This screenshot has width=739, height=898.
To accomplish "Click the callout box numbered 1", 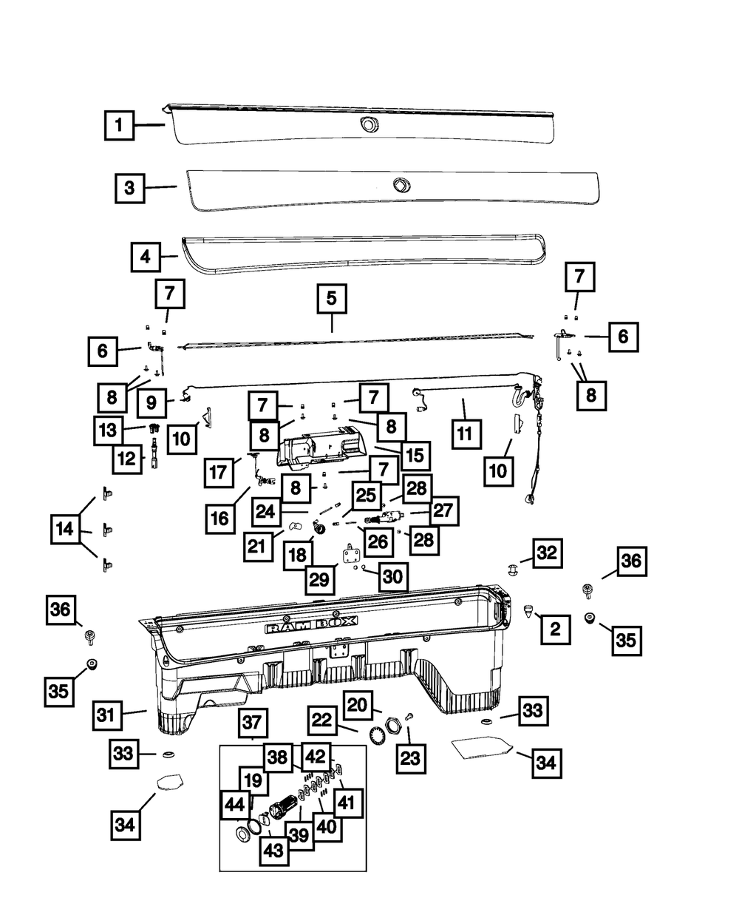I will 118,125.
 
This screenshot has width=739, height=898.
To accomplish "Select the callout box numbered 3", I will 129,188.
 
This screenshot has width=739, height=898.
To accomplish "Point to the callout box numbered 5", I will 331,299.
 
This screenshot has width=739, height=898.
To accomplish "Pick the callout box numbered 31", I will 109,717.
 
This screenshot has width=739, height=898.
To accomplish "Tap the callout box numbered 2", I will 555,629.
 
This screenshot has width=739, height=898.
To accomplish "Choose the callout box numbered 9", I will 151,403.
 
